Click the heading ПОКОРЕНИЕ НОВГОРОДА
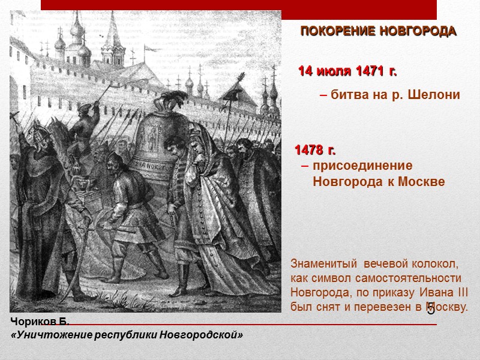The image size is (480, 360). point(378,31)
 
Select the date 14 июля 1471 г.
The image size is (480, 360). point(348,72)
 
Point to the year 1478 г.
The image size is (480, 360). point(315,149)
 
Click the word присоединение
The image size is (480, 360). point(363,166)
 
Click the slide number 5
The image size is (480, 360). point(431,310)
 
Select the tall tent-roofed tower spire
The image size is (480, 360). point(112,36)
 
